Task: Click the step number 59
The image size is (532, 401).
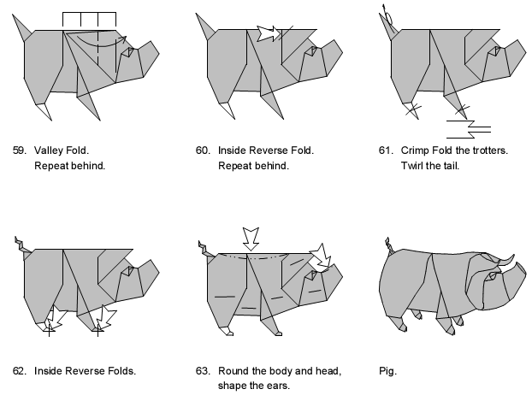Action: click(19, 150)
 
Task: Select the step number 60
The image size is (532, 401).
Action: click(202, 150)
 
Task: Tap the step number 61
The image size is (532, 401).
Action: click(385, 150)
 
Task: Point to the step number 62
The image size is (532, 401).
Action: click(19, 371)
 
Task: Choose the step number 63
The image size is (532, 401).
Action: click(202, 371)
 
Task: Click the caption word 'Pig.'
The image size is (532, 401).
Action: click(388, 371)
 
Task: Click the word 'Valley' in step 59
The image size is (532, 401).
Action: click(49, 150)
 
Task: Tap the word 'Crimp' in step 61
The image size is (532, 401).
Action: click(416, 150)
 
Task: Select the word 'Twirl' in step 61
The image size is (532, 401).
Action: click(413, 165)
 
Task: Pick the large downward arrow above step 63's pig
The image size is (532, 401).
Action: click(251, 237)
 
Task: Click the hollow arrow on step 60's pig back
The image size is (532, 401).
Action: click(269, 33)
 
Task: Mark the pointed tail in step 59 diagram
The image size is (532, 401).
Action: click(25, 26)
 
